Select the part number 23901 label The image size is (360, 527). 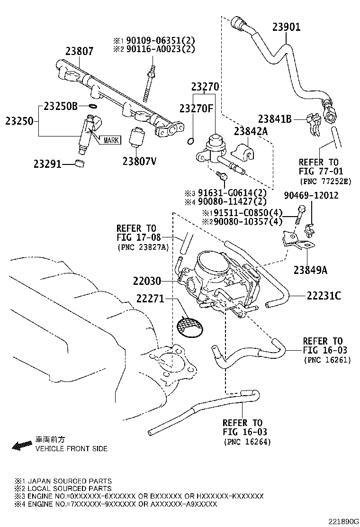pos(286,27)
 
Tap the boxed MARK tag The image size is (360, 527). pos(110,140)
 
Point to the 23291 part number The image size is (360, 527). pos(48,164)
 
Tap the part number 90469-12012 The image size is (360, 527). pos(311,195)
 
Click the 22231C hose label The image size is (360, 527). pos(324,296)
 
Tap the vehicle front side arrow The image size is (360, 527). pos(22,445)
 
